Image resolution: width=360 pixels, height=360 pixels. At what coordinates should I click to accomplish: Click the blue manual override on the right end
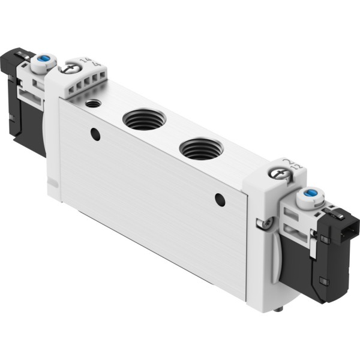point(310,194)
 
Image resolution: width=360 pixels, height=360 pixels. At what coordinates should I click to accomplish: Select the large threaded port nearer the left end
point(142,119)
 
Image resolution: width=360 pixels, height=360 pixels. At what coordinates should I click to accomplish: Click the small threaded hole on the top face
point(93,104)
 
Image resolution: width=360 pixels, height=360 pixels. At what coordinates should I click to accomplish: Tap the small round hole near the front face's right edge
point(220,200)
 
